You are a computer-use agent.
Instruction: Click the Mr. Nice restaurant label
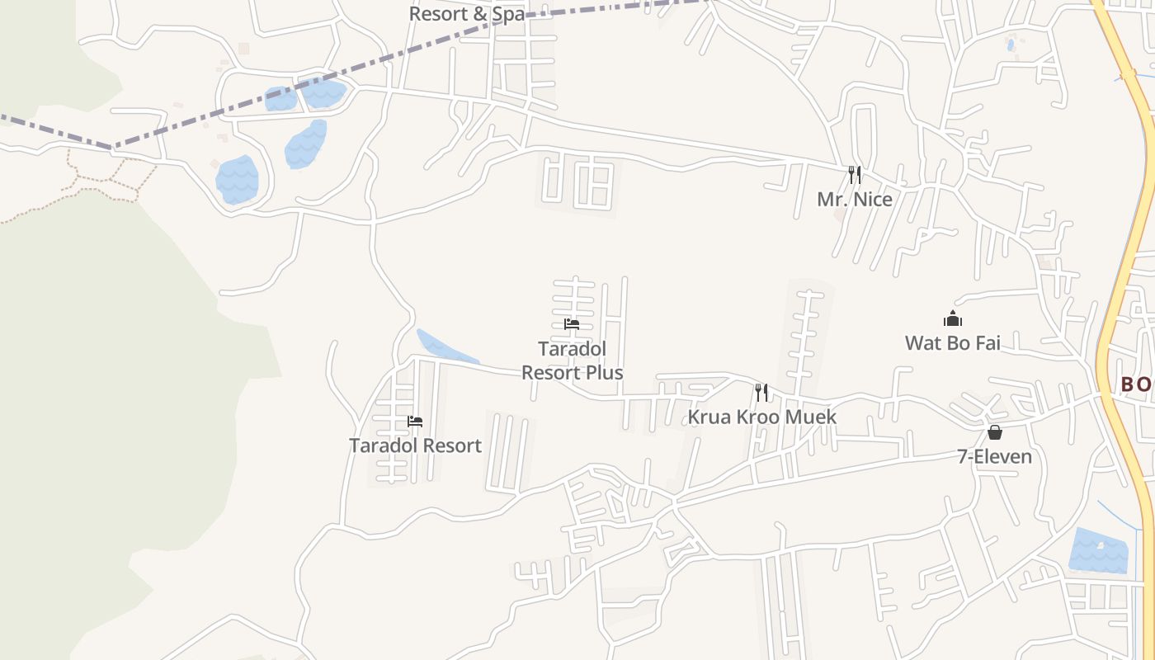tap(855, 200)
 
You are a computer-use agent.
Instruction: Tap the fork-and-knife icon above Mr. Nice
tap(855, 175)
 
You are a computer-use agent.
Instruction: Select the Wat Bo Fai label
tap(952, 343)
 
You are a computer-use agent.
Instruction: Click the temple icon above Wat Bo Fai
tap(953, 318)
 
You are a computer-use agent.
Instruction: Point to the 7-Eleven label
tap(994, 456)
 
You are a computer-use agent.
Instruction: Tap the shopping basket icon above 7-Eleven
tap(995, 432)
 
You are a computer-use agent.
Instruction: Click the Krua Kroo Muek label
tap(761, 417)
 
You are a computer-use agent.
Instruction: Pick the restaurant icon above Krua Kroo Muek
tap(761, 393)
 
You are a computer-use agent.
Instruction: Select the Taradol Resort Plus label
tap(572, 361)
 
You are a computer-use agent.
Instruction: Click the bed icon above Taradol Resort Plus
tap(572, 324)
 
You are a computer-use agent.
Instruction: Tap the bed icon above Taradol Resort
tap(415, 422)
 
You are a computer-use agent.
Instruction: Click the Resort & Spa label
tap(466, 14)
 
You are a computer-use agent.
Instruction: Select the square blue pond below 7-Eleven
tap(1098, 550)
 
